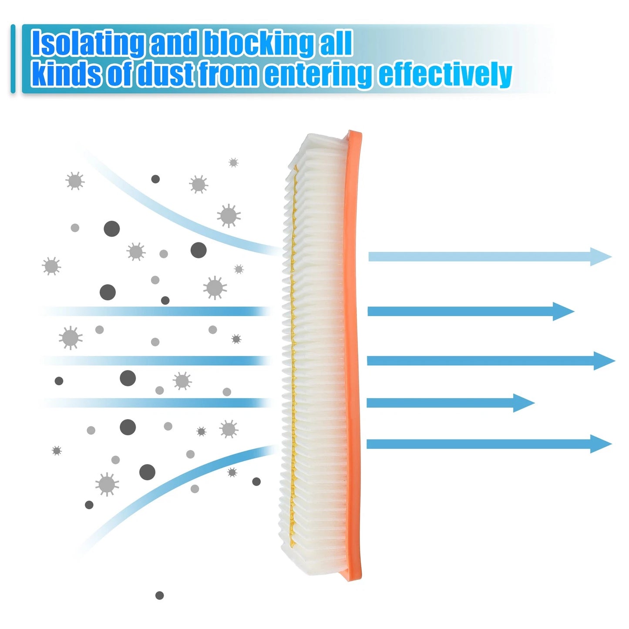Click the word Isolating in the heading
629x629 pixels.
(87, 44)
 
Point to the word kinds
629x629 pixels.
(66, 74)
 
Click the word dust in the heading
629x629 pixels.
(166, 74)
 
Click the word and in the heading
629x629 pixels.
(174, 44)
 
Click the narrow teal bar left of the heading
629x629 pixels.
(13, 59)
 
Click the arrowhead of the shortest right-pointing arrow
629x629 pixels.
(524, 403)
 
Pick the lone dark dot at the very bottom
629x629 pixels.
(160, 595)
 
